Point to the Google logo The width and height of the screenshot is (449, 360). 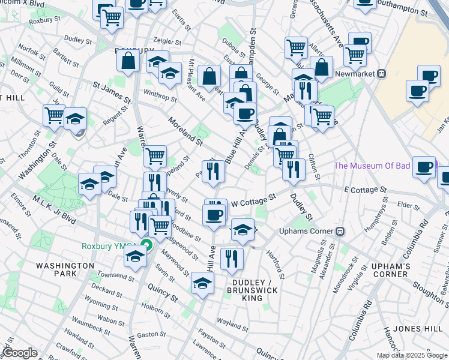point(20,353)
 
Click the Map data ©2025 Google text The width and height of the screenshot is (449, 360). point(412,355)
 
